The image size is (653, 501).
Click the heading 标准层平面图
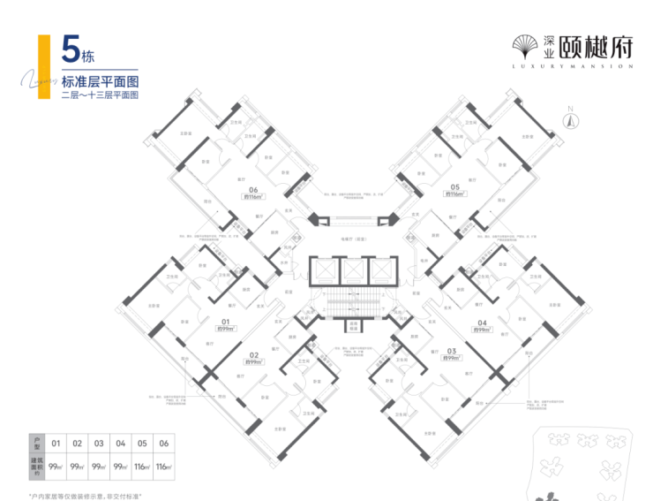pyautogui.click(x=101, y=80)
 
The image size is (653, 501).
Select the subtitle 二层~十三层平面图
pyautogui.click(x=101, y=94)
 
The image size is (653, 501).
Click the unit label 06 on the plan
pyautogui.click(x=253, y=188)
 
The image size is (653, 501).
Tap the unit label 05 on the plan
pyautogui.click(x=454, y=187)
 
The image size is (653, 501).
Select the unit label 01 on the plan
pyautogui.click(x=225, y=322)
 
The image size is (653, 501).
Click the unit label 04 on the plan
pyautogui.click(x=482, y=322)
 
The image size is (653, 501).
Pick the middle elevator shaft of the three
pyautogui.click(x=352, y=270)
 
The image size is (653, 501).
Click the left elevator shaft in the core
pyautogui.click(x=324, y=270)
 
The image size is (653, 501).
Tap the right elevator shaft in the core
pyautogui.click(x=381, y=270)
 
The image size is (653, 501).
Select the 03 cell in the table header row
pyautogui.click(x=99, y=443)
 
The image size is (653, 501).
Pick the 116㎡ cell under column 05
pyautogui.click(x=141, y=465)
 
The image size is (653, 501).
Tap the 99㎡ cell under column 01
pyautogui.click(x=56, y=465)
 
